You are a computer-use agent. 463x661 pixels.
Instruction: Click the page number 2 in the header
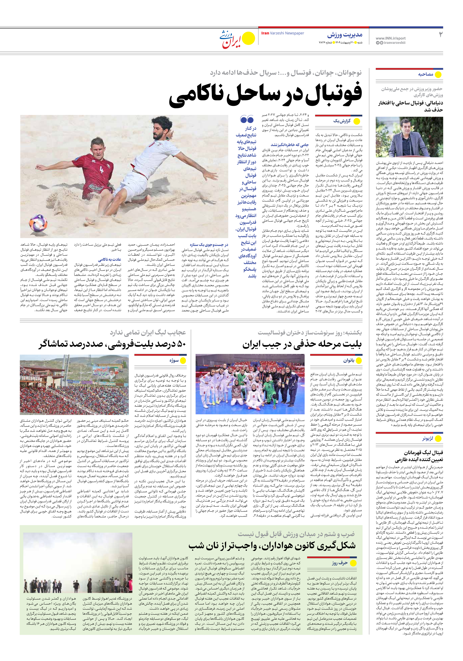[x=440, y=35]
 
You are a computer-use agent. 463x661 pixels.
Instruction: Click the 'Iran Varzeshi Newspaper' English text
[x=282, y=33]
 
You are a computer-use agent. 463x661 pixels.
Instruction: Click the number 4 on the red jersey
[x=101, y=169]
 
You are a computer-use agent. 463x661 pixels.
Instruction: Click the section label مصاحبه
[x=426, y=74]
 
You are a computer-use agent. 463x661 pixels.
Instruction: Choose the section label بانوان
[x=348, y=360]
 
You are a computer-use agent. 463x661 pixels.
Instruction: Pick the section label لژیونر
[x=428, y=439]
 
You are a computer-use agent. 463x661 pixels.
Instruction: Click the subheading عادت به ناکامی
[x=109, y=259]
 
